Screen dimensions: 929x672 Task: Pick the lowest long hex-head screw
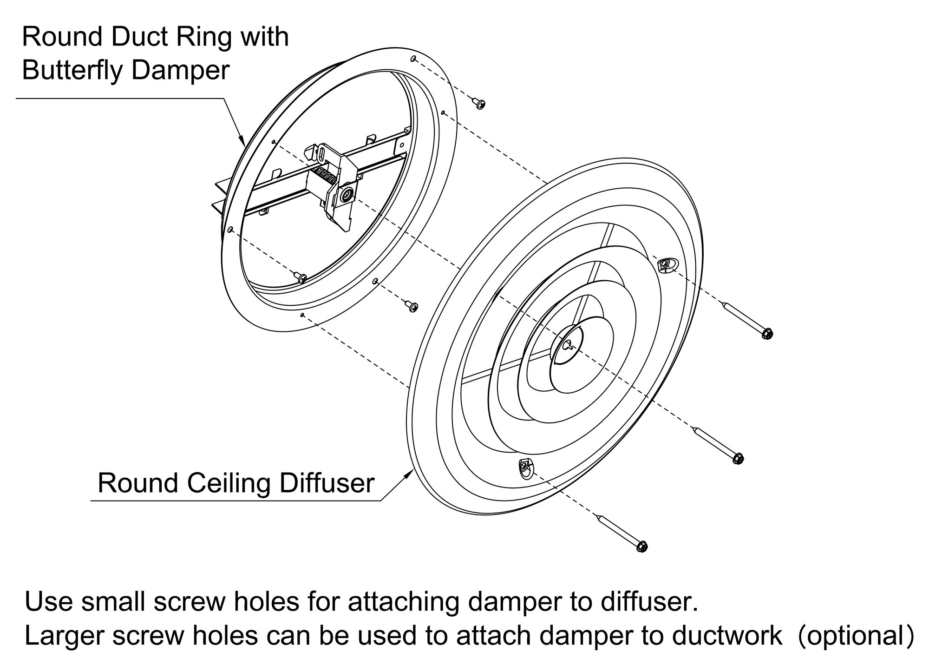coord(621,533)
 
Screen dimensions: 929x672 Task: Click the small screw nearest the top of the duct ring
coord(478,103)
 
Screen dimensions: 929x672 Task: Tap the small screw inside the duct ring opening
coord(301,277)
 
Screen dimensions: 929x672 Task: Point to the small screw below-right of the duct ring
coord(412,306)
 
